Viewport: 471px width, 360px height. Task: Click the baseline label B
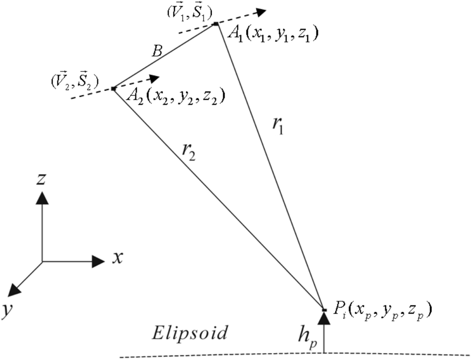[x=157, y=52]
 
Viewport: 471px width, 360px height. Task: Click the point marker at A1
[x=215, y=23]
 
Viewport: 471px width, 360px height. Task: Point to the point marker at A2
[x=113, y=88]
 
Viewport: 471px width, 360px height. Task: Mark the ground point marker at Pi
[x=324, y=309]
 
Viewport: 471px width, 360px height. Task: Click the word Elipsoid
[x=190, y=332]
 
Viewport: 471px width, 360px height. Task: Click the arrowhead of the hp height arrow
[x=324, y=319]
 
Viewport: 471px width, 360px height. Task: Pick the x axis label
[x=118, y=259]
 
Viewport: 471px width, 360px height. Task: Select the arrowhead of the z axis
[x=42, y=197]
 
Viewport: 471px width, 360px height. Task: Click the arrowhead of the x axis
[x=99, y=261]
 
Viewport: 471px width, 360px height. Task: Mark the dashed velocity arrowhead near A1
[x=263, y=12]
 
